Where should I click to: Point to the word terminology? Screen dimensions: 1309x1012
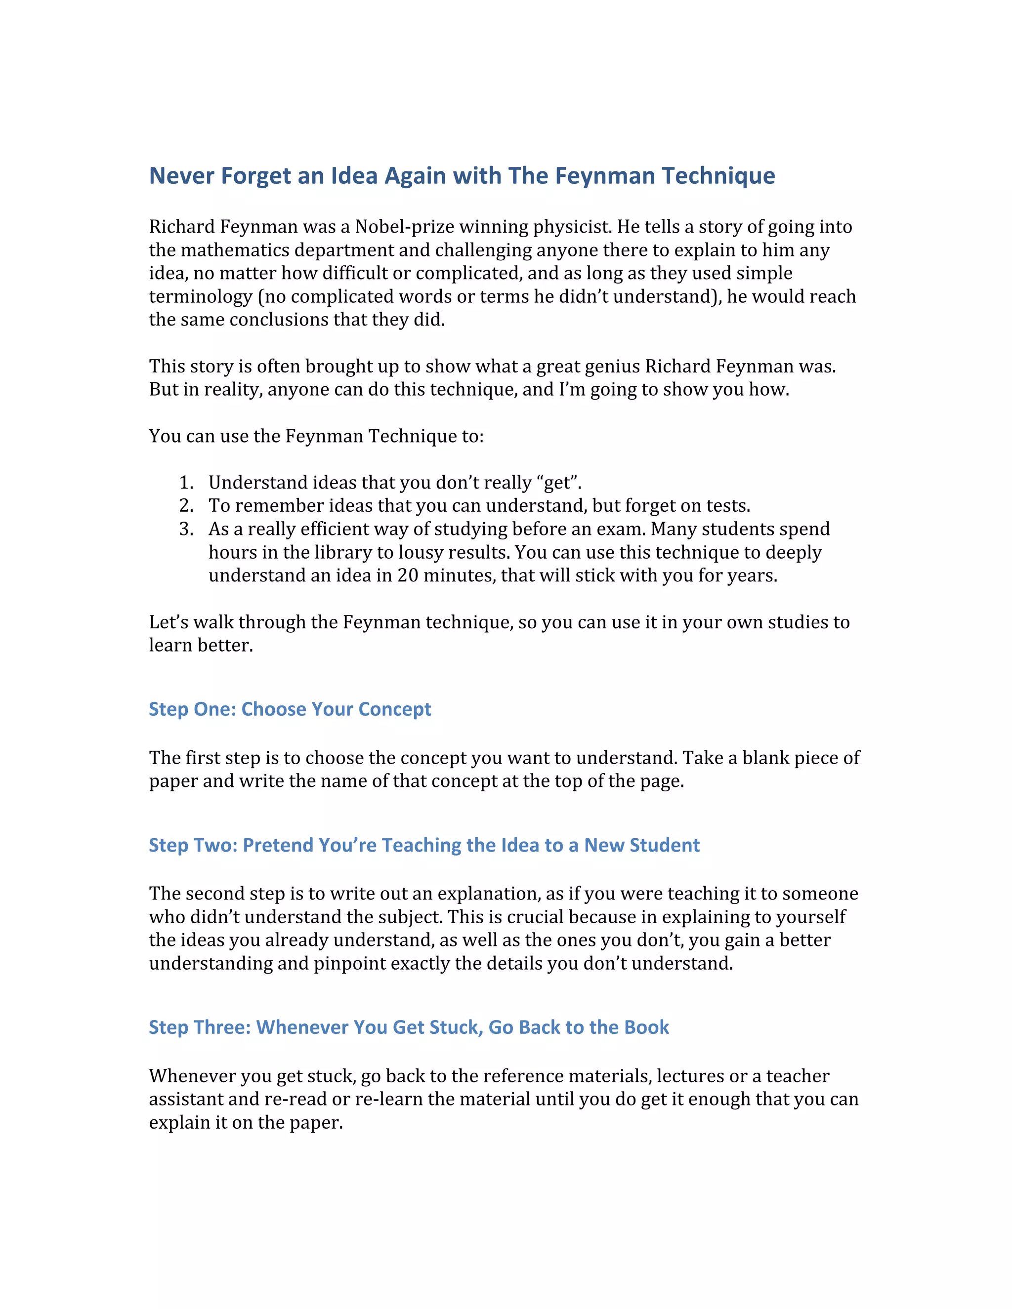tap(200, 297)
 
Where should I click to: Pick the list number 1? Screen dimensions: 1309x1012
tap(185, 483)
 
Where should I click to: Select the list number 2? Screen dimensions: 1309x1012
tap(185, 506)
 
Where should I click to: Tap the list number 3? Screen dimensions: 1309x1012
tap(185, 529)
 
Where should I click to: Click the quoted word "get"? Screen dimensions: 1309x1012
tap(559, 483)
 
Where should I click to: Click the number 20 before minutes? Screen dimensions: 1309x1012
tap(408, 575)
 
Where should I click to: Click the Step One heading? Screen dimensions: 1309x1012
tap(290, 709)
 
